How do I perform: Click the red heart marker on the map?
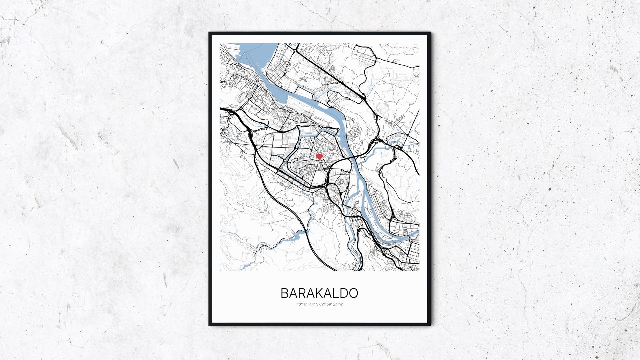click(319, 156)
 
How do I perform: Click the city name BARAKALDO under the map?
click(319, 293)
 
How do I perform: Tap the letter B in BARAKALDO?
click(285, 293)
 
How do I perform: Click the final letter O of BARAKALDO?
click(353, 293)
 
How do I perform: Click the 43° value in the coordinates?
click(298, 304)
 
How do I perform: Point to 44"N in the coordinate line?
click(313, 304)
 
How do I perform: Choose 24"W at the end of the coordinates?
click(339, 304)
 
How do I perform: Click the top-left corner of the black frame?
click(210, 33)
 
